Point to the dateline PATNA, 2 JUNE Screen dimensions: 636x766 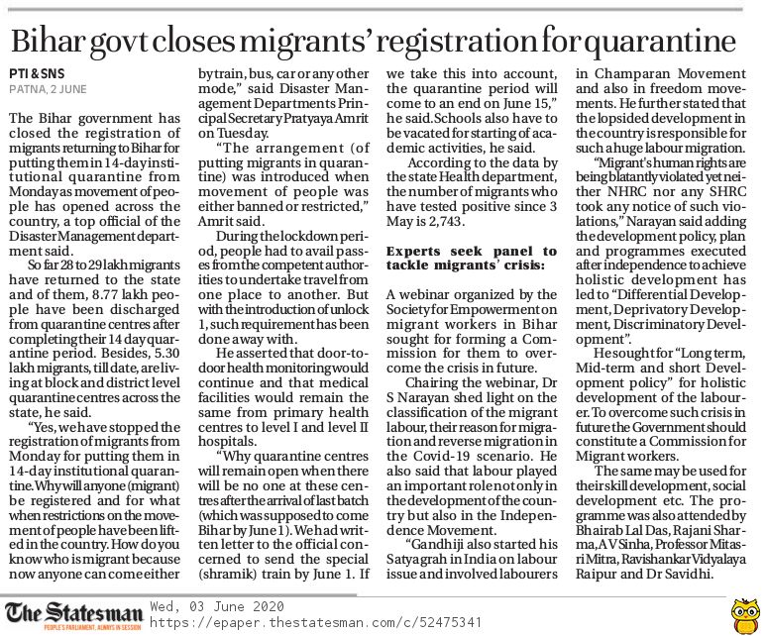point(49,89)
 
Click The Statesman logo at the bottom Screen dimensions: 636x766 point(73,610)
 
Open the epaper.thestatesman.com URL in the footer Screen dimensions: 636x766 point(316,621)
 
